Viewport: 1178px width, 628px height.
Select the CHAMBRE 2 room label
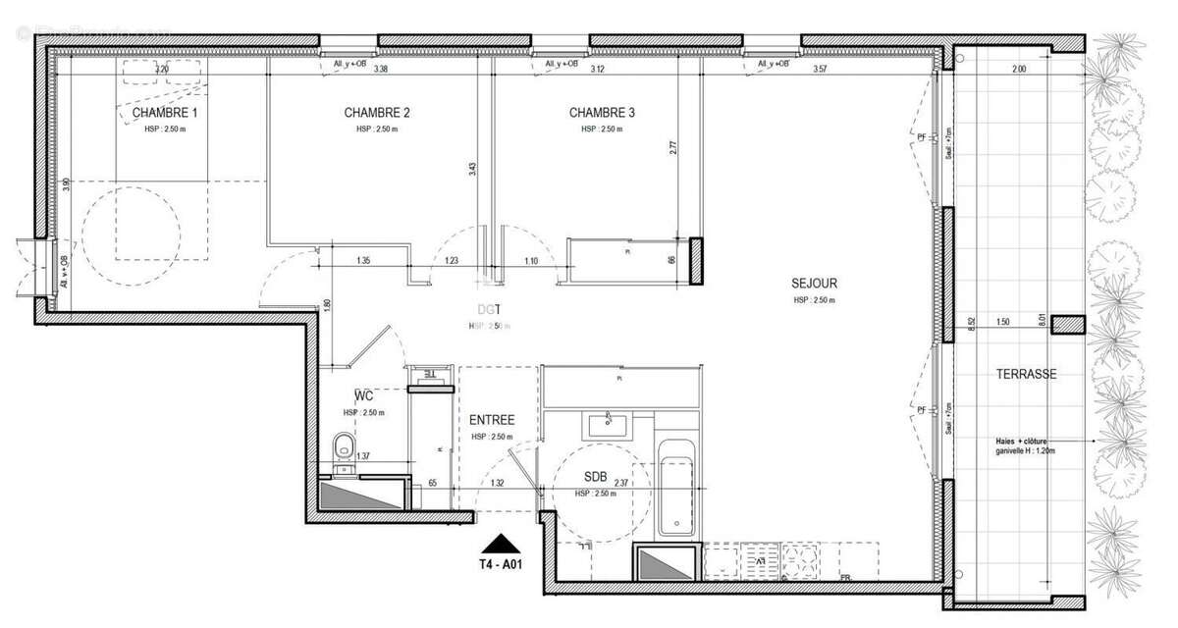pos(377,113)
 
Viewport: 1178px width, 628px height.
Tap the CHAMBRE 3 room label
pos(602,113)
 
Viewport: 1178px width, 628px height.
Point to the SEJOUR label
pos(814,284)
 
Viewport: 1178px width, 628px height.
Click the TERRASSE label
pos(1026,375)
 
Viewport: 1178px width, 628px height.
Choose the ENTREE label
pos(492,420)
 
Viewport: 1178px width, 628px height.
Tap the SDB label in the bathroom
pos(595,478)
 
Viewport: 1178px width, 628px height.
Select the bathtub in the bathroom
pos(677,487)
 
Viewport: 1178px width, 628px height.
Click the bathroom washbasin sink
pos(611,425)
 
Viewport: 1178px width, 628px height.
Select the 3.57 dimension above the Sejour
pos(825,70)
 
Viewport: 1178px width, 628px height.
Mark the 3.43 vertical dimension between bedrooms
pos(472,169)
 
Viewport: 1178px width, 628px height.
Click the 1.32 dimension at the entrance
pos(498,483)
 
